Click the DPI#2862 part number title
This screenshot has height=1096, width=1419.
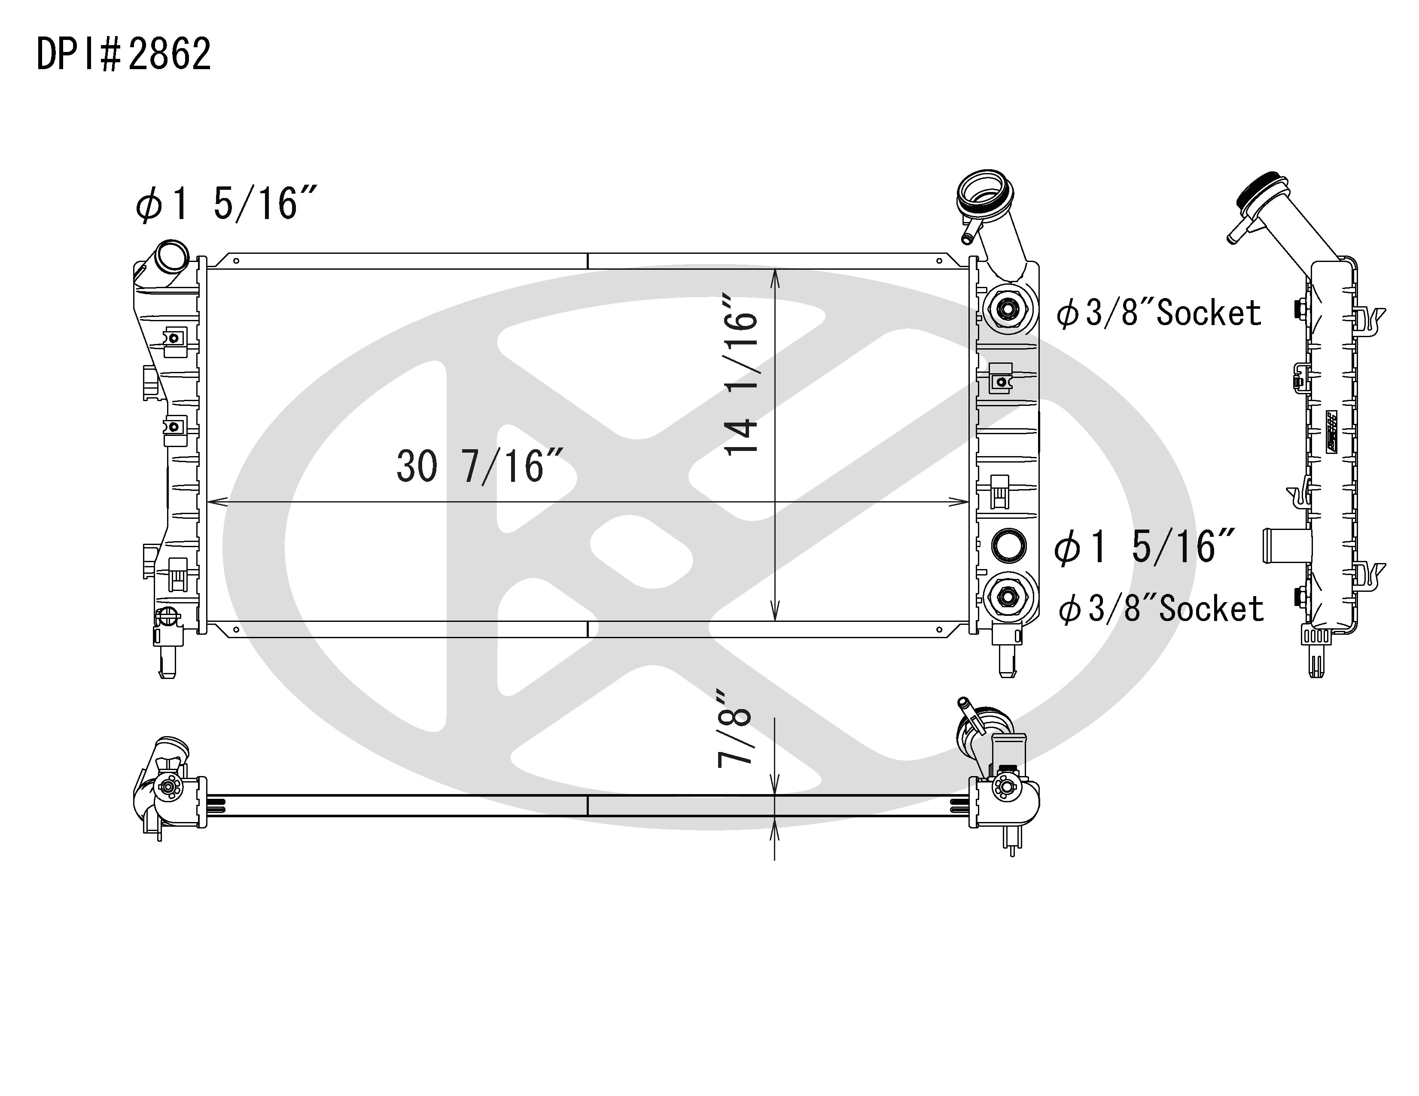(123, 54)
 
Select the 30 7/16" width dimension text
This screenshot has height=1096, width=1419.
(479, 466)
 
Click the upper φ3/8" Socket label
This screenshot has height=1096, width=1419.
(1158, 313)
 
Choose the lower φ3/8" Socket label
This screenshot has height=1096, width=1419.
(1161, 609)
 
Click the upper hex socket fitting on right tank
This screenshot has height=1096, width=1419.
(1006, 309)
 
